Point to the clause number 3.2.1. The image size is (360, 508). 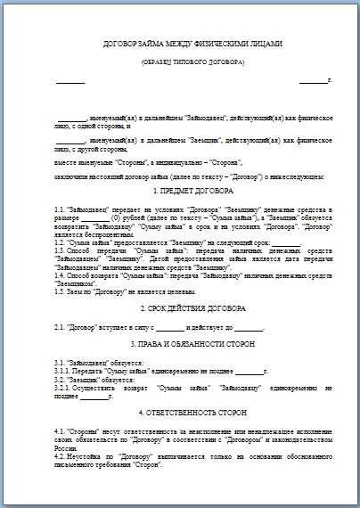point(65,389)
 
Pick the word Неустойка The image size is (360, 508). point(90,455)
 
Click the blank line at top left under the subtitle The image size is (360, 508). point(70,82)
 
